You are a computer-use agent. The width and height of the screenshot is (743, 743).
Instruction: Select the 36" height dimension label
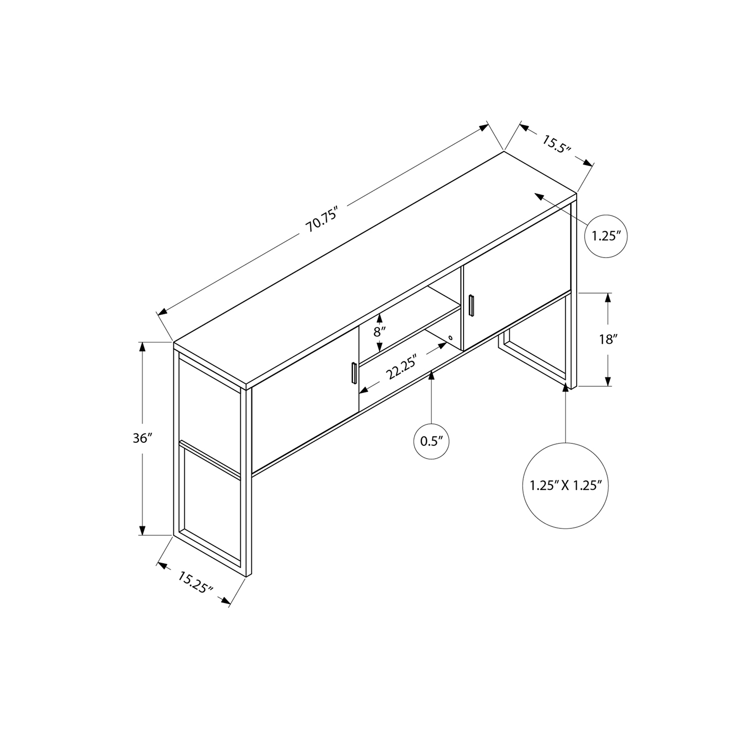tap(143, 438)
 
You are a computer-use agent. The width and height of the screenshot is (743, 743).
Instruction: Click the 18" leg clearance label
tap(608, 339)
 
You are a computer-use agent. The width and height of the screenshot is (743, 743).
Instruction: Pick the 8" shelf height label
tap(379, 332)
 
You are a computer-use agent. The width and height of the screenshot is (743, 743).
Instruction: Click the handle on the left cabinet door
tap(353, 373)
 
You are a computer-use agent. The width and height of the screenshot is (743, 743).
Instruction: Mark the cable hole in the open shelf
tap(450, 338)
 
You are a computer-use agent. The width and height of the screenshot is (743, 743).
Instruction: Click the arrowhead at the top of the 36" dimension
tap(143, 346)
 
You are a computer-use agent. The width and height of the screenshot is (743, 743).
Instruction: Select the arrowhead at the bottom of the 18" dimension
tap(608, 381)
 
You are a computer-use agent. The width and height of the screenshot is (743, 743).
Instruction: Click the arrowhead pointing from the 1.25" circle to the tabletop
tap(538, 197)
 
